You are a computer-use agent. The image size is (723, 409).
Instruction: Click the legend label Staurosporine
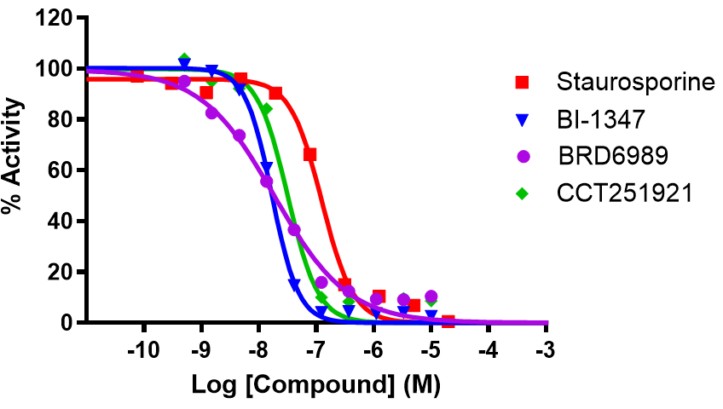635,83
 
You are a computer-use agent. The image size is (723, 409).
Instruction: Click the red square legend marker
523,83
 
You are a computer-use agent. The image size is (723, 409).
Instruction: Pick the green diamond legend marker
523,193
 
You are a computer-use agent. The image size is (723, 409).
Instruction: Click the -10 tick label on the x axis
143,349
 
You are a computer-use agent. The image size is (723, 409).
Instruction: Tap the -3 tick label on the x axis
546,349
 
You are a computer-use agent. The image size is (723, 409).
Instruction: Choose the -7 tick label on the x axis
315,349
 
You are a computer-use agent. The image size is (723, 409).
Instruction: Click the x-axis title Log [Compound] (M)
316,386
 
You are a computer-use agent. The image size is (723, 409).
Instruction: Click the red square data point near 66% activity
310,154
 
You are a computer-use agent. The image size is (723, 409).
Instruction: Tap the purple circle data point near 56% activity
266,181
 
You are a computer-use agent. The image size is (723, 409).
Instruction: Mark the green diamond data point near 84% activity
266,109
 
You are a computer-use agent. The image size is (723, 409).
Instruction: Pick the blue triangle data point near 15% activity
294,285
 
